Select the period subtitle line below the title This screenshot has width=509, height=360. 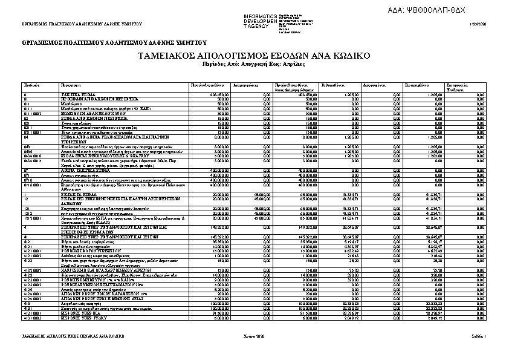coord(254,63)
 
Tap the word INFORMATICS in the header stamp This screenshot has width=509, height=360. coord(260,15)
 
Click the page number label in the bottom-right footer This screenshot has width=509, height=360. coord(478,335)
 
